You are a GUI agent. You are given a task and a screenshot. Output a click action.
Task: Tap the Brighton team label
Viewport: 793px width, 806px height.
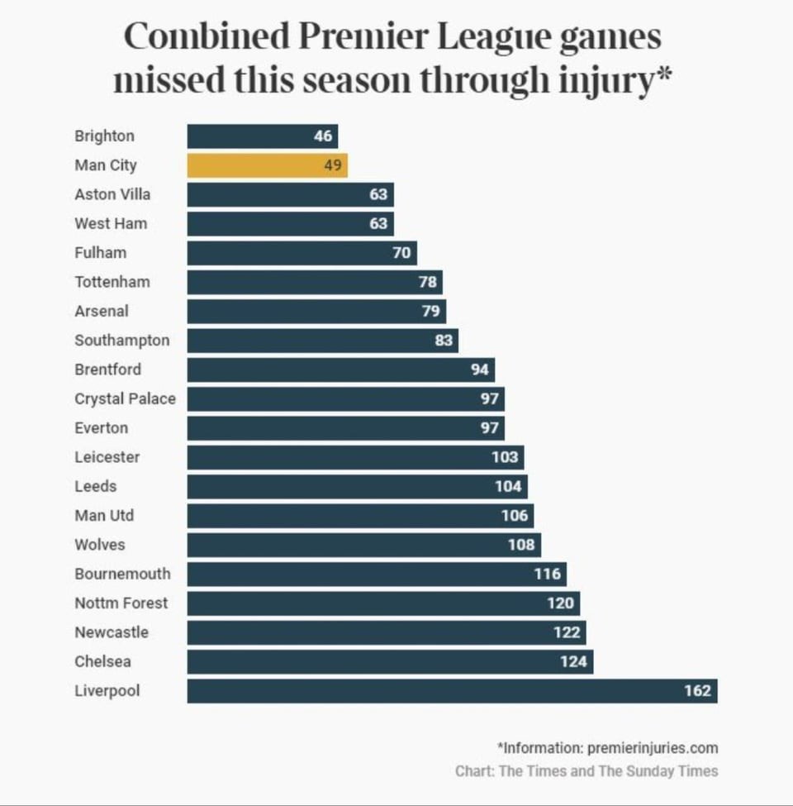pos(104,136)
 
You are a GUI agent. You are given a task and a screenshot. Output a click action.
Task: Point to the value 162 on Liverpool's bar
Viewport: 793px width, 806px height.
pos(697,690)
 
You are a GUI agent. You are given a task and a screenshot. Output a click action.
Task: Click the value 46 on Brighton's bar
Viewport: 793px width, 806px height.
pos(323,136)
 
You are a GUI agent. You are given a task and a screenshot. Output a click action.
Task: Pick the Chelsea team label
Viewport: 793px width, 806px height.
pos(102,661)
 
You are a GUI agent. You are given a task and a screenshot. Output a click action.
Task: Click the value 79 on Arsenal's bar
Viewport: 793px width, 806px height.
pos(430,311)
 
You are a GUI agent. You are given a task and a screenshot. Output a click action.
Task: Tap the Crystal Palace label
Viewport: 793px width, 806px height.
pos(125,398)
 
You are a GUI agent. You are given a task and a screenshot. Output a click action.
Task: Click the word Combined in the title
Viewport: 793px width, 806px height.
pos(207,37)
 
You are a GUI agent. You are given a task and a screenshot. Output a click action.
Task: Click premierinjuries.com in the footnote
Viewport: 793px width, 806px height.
pos(653,747)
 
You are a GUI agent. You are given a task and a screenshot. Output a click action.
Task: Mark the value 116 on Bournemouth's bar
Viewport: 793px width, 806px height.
pos(547,574)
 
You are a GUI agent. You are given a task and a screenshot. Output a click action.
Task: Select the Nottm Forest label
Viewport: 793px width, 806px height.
pos(121,603)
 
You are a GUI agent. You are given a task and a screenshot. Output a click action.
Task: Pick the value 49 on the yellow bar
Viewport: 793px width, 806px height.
pos(332,165)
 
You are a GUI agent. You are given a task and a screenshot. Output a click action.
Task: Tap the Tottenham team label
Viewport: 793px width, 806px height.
pos(112,282)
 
